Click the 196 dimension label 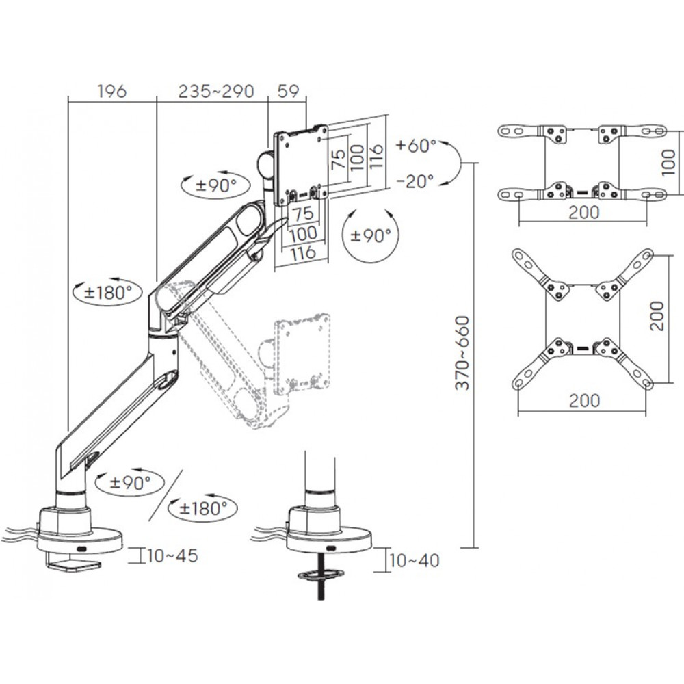coord(112,91)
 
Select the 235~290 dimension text coord(215,91)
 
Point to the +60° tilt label coord(415,145)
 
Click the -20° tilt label coord(415,181)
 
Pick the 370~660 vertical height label coord(463,352)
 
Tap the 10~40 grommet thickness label coord(414,561)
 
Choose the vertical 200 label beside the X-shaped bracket coord(657,315)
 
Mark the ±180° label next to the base coord(202,508)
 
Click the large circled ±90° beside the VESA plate coord(370,235)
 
